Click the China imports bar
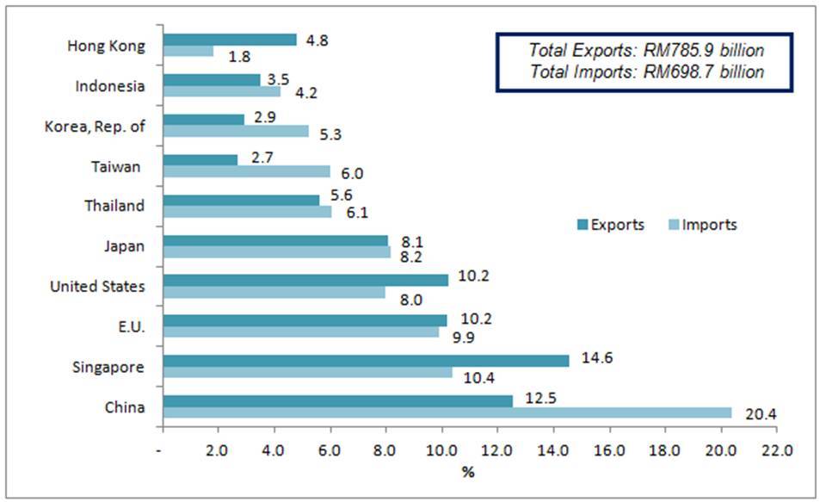(447, 412)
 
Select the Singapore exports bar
(366, 361)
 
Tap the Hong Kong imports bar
(188, 52)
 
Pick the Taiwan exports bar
(200, 159)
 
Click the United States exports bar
(305, 280)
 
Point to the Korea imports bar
(235, 131)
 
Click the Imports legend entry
(702, 225)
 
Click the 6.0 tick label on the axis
(330, 449)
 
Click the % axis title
(467, 472)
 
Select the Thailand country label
(114, 206)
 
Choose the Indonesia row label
(110, 86)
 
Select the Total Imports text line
(646, 71)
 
